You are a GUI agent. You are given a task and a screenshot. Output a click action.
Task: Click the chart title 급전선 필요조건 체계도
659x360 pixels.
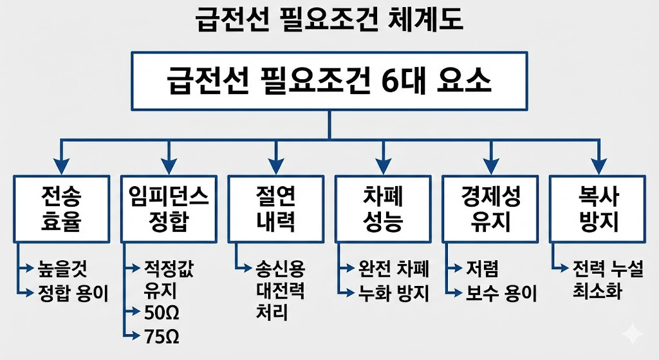tap(329, 20)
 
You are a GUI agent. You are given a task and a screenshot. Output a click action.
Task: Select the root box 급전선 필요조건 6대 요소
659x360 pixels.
tap(329, 82)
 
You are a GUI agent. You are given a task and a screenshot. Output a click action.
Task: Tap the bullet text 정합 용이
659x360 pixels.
tap(72, 293)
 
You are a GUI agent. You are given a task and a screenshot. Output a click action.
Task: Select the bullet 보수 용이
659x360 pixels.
tap(502, 294)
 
